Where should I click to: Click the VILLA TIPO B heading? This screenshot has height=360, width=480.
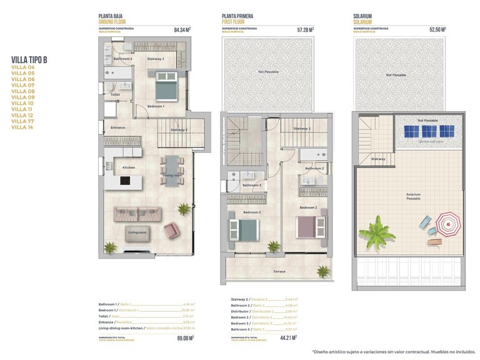click(x=29, y=60)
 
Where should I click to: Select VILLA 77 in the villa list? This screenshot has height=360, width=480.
click(x=22, y=121)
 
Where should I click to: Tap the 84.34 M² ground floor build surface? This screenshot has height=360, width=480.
click(x=182, y=29)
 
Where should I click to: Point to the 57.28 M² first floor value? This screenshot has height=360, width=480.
click(x=306, y=29)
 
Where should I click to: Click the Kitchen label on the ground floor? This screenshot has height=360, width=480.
click(x=129, y=167)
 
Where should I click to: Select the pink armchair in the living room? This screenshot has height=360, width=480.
click(x=171, y=231)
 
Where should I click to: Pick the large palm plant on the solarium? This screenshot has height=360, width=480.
click(x=377, y=229)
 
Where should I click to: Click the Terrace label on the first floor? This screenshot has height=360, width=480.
click(x=279, y=272)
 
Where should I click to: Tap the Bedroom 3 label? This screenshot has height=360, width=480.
click(x=252, y=212)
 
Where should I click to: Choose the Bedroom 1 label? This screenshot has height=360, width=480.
click(x=155, y=106)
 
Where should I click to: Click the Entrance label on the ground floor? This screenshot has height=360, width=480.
click(x=117, y=127)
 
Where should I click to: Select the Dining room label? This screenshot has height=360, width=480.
click(x=172, y=175)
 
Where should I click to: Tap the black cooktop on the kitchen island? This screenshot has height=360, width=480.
click(x=125, y=181)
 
